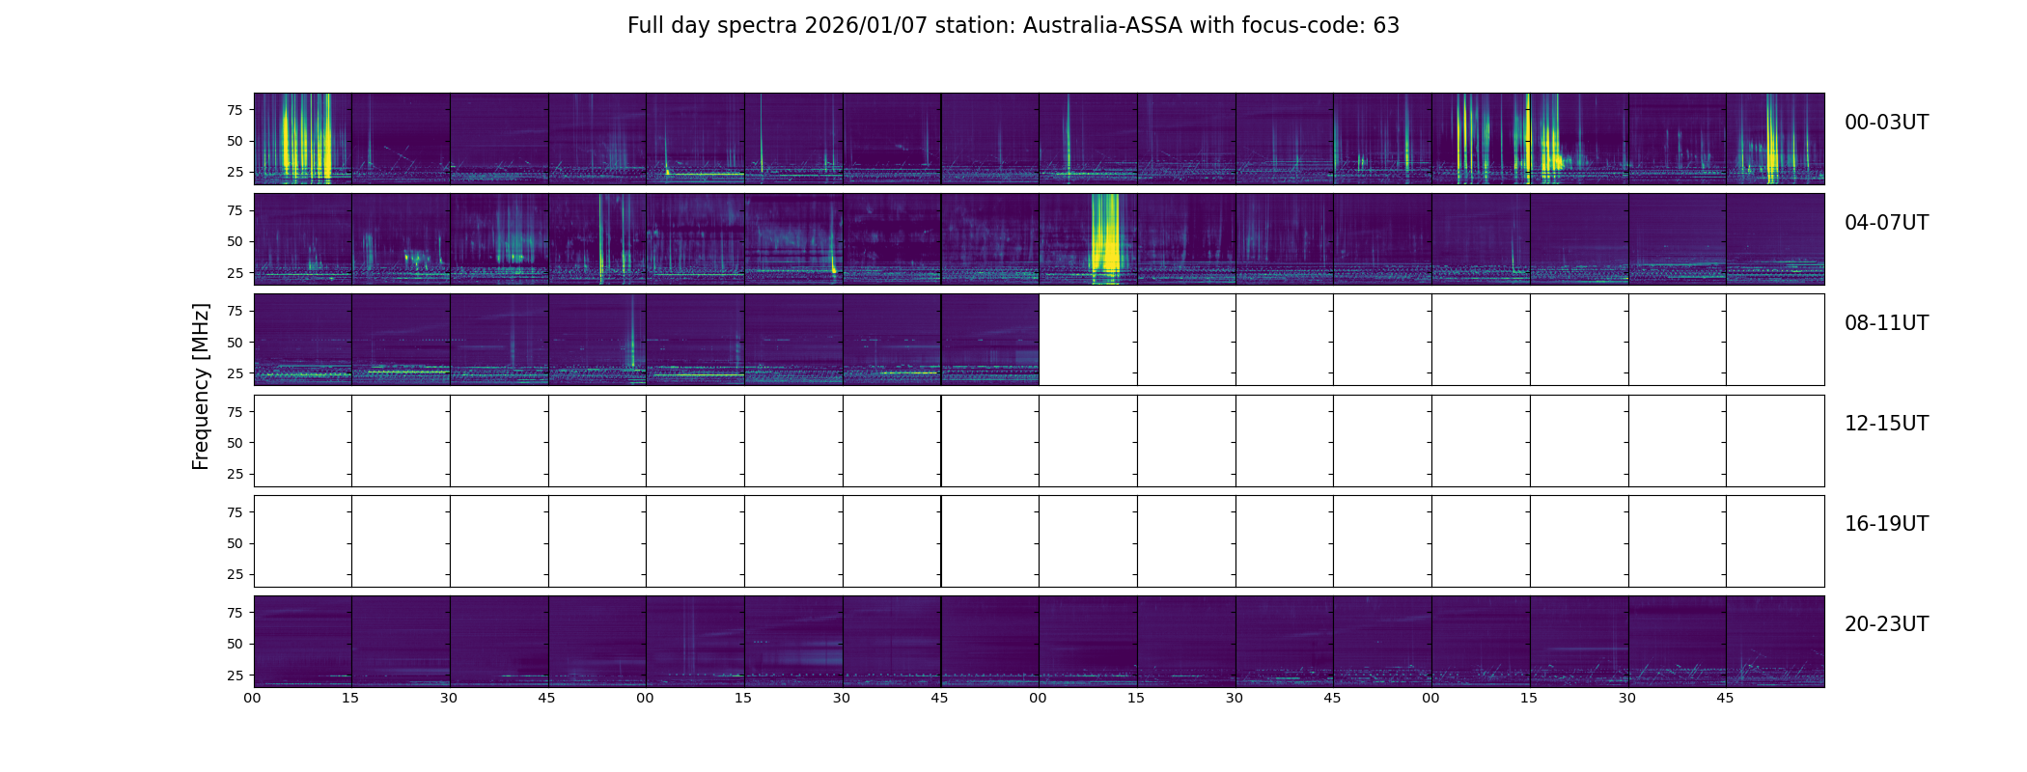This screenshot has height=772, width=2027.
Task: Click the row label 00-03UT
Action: pyautogui.click(x=1886, y=123)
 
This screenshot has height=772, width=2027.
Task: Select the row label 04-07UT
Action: pyautogui.click(x=1886, y=223)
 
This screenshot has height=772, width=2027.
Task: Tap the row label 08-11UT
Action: pyautogui.click(x=1886, y=323)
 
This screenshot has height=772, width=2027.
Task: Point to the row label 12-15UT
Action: pyautogui.click(x=1886, y=424)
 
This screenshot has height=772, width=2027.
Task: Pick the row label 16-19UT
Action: pyautogui.click(x=1886, y=524)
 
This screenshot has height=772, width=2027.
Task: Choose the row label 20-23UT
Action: pyautogui.click(x=1886, y=624)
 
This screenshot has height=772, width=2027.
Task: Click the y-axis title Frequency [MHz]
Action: pyautogui.click(x=201, y=386)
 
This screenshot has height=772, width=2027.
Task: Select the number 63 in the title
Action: pyautogui.click(x=1386, y=26)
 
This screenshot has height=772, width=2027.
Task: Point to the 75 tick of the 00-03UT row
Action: pyautogui.click(x=234, y=110)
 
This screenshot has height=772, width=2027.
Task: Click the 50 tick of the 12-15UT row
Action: pyautogui.click(x=234, y=443)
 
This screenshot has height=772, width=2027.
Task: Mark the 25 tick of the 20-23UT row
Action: pyautogui.click(x=234, y=675)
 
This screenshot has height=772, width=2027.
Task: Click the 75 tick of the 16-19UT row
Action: pyautogui.click(x=234, y=512)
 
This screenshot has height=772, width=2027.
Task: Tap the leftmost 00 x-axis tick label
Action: pyautogui.click(x=253, y=698)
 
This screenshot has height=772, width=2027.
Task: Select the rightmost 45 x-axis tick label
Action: pyautogui.click(x=1726, y=698)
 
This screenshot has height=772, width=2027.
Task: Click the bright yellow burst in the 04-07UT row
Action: pyautogui.click(x=1105, y=236)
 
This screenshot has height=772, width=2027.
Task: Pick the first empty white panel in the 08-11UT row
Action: pyautogui.click(x=1088, y=340)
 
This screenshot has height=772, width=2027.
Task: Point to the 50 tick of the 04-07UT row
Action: pyautogui.click(x=234, y=242)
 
